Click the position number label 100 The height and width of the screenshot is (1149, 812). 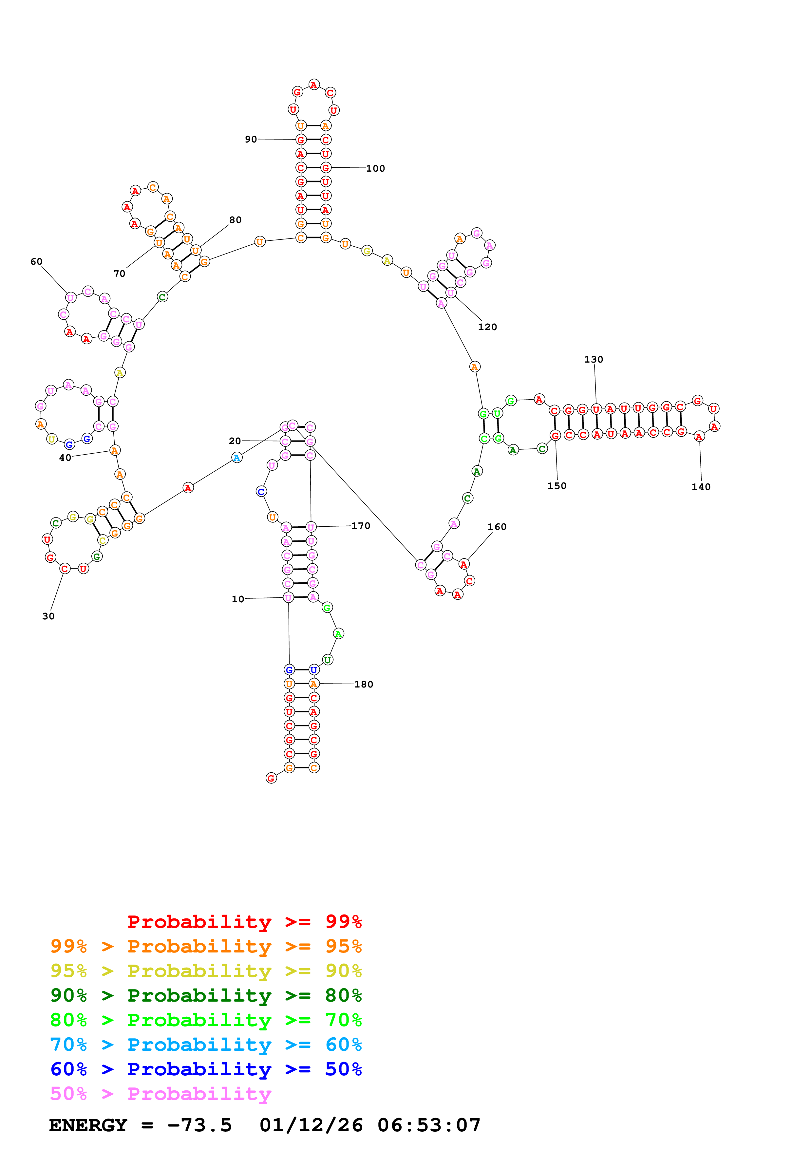[x=375, y=169]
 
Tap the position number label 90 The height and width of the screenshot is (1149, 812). [x=251, y=139]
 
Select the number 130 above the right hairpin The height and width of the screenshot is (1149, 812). [x=594, y=359]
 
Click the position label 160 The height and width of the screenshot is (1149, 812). [x=497, y=527]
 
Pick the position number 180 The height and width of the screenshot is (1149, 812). [x=364, y=685]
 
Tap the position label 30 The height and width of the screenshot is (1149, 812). [x=48, y=616]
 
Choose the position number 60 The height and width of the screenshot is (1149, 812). [x=37, y=262]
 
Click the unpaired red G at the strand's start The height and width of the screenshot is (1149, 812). [x=271, y=778]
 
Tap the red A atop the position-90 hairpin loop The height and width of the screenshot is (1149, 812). [x=314, y=85]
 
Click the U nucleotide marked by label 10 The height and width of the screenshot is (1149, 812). [x=288, y=597]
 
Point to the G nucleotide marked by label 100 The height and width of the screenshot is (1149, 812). [x=326, y=168]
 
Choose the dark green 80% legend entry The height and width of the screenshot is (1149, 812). [x=206, y=995]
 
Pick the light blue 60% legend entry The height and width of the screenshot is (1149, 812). [x=206, y=1045]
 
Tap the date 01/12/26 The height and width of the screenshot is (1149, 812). [x=311, y=1125]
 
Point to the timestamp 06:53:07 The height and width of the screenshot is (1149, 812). [x=429, y=1125]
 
